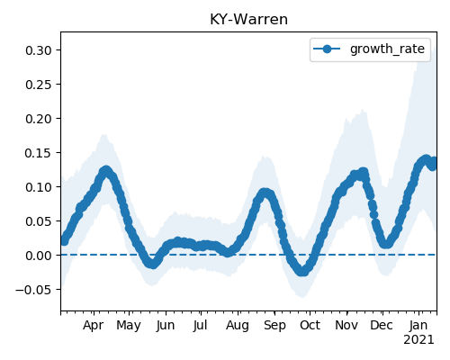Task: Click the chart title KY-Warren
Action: (248, 20)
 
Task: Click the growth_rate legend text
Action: (387, 49)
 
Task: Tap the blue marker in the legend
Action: (327, 49)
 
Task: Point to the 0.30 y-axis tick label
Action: (39, 50)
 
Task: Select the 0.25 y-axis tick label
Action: (39, 85)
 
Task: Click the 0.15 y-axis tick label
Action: (39, 153)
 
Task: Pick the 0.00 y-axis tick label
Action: (39, 256)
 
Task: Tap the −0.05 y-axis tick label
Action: (34, 290)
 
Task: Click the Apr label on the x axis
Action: (94, 326)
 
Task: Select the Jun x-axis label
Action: (166, 326)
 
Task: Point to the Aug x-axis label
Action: (238, 326)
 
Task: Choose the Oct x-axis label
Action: (310, 326)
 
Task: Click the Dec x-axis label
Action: (382, 326)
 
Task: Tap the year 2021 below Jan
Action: (418, 340)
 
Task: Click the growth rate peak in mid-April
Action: (105, 171)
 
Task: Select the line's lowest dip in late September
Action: (302, 271)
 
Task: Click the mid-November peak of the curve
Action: (364, 173)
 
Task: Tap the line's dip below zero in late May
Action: (153, 264)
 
